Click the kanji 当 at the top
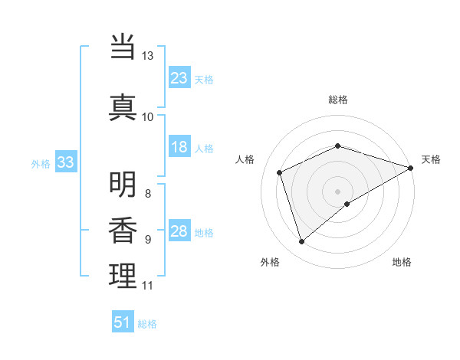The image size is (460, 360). point(123,47)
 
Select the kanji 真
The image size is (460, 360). point(123,106)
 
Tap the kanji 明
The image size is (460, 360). point(123,185)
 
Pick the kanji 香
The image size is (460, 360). point(123,231)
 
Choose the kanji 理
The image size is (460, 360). point(123,276)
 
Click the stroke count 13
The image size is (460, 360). point(148,56)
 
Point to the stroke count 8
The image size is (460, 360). point(148,193)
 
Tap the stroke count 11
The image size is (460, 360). point(148,286)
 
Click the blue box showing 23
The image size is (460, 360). point(179,77)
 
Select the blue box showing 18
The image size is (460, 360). point(179,148)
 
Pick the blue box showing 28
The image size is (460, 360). point(179,232)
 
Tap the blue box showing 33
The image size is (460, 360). point(65,162)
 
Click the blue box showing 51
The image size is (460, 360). point(123,322)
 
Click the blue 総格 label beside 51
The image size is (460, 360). point(147,324)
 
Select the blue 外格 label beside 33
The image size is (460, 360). point(41,163)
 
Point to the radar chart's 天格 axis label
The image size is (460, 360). point(431,159)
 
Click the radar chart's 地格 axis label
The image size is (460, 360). point(402,262)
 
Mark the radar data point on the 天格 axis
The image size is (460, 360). point(411,167)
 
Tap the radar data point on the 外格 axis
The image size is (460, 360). point(301,242)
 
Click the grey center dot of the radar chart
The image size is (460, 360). point(337,191)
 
